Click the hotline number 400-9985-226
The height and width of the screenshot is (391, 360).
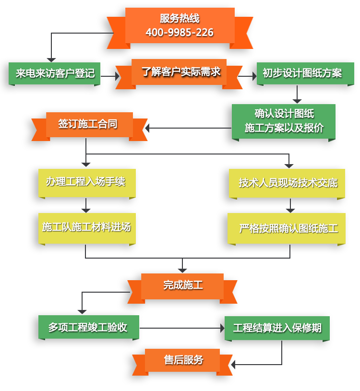click(x=180, y=33)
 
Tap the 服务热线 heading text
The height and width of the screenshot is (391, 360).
click(x=180, y=19)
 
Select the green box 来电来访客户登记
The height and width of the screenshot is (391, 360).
click(x=55, y=73)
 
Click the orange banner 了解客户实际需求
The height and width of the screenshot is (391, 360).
click(x=180, y=72)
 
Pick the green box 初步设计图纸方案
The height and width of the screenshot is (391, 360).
click(x=302, y=73)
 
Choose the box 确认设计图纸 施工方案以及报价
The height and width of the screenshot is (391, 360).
click(x=284, y=121)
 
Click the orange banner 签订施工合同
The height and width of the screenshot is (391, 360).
click(x=88, y=124)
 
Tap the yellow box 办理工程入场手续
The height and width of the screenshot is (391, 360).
click(x=86, y=182)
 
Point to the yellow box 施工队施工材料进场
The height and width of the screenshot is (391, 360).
click(x=86, y=227)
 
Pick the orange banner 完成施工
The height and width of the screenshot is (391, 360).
click(x=183, y=285)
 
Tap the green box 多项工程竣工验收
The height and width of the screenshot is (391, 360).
click(x=88, y=327)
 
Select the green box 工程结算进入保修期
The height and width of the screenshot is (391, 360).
click(x=277, y=328)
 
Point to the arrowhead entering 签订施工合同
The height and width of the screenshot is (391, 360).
click(x=147, y=128)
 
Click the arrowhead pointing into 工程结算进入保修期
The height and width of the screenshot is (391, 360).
click(x=222, y=328)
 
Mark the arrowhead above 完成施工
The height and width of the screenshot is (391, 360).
click(x=182, y=271)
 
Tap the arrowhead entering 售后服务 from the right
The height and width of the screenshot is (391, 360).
click(x=233, y=365)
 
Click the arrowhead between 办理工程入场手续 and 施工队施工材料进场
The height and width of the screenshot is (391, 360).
click(x=86, y=210)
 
